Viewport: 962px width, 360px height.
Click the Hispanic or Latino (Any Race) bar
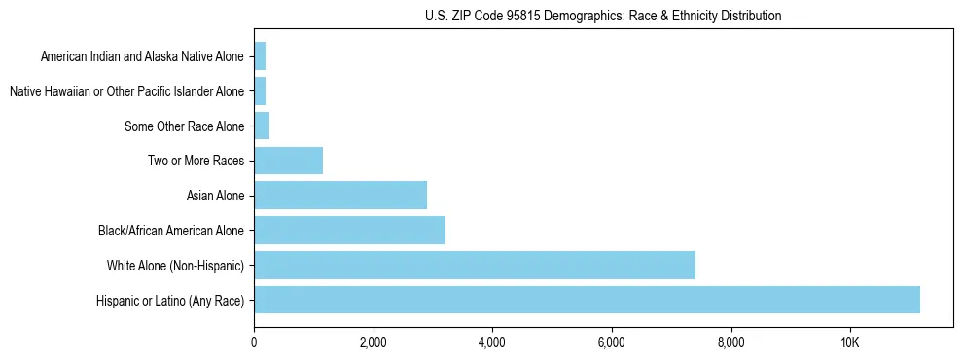[587, 300]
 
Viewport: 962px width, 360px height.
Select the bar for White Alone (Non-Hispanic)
[475, 265]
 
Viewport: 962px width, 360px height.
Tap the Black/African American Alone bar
[349, 230]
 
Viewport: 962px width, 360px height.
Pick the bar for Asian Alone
[340, 195]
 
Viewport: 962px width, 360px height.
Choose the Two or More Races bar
[288, 161]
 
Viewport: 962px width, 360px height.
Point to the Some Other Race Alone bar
[262, 126]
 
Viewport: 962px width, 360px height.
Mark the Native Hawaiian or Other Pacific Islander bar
[260, 90]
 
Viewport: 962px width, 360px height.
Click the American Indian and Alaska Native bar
[260, 56]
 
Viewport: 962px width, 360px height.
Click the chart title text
[603, 16]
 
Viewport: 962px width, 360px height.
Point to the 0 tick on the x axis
[254, 342]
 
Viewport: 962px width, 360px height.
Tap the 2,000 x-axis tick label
[373, 342]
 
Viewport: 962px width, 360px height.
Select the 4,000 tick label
[492, 342]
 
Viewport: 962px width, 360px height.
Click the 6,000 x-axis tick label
[611, 342]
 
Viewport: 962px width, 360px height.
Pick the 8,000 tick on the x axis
[730, 342]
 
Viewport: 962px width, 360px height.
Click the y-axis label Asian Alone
[215, 196]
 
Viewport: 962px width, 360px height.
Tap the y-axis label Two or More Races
[196, 161]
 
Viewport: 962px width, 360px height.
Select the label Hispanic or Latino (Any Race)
[170, 301]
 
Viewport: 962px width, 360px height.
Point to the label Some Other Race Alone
[184, 126]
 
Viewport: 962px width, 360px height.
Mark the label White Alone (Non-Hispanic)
[175, 266]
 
